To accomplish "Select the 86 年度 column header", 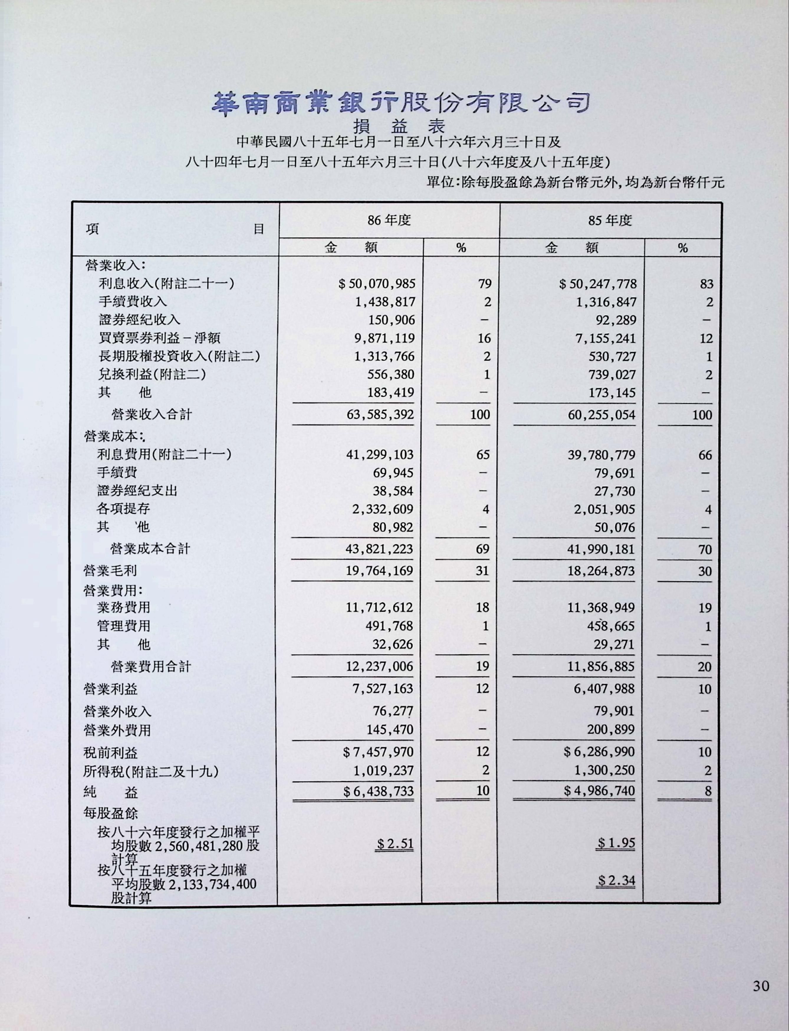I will pyautogui.click(x=389, y=220).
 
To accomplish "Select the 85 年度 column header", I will pyautogui.click(x=610, y=220).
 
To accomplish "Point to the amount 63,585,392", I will pyautogui.click(x=380, y=414).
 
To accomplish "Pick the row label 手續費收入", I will pyautogui.click(x=133, y=302).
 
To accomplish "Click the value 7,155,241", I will pyautogui.click(x=606, y=338).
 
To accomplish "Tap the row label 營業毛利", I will pyautogui.click(x=110, y=571).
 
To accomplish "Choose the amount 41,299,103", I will pyautogui.click(x=380, y=455).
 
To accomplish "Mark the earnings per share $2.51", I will pyautogui.click(x=395, y=844).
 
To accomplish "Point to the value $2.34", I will pyautogui.click(x=616, y=880).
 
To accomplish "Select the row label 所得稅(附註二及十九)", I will pyautogui.click(x=151, y=771).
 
